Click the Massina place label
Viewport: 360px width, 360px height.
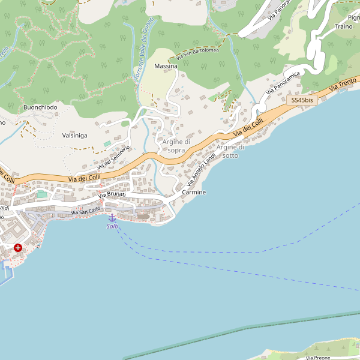(x=166, y=65)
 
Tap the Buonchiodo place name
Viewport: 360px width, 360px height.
(x=40, y=107)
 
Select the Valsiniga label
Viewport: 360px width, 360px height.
(x=74, y=136)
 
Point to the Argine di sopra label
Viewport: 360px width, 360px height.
(x=176, y=146)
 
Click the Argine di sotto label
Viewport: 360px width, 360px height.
(x=230, y=151)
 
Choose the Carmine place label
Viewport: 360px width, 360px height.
(x=194, y=193)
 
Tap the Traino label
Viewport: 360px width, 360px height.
(x=344, y=26)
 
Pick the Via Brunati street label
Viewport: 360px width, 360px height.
(x=112, y=195)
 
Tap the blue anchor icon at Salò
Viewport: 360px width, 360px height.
(x=112, y=217)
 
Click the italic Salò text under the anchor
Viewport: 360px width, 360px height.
(x=112, y=226)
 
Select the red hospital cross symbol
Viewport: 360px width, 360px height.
(x=18, y=247)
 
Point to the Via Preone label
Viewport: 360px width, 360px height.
(x=317, y=358)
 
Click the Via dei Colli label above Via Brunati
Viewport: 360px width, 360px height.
(x=83, y=178)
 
